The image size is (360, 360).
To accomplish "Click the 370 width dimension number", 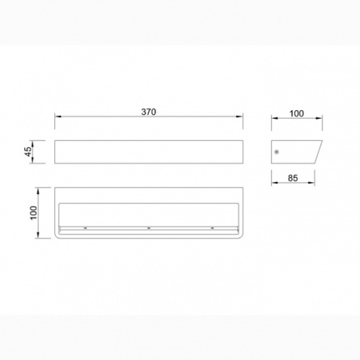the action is [149, 112].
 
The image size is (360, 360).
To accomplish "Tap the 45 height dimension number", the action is [28, 152].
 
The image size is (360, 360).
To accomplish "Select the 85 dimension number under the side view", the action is [293, 178].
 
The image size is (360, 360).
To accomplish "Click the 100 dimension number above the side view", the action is [296, 113].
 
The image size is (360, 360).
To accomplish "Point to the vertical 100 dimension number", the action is [33, 213].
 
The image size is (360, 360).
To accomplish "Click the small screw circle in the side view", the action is [277, 152].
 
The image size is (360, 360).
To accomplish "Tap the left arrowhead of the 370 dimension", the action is [57, 116].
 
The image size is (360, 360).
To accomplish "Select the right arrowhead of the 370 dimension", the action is [239, 116].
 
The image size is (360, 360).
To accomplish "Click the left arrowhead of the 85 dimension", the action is [274, 183].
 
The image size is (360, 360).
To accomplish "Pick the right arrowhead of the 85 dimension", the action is [311, 183].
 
